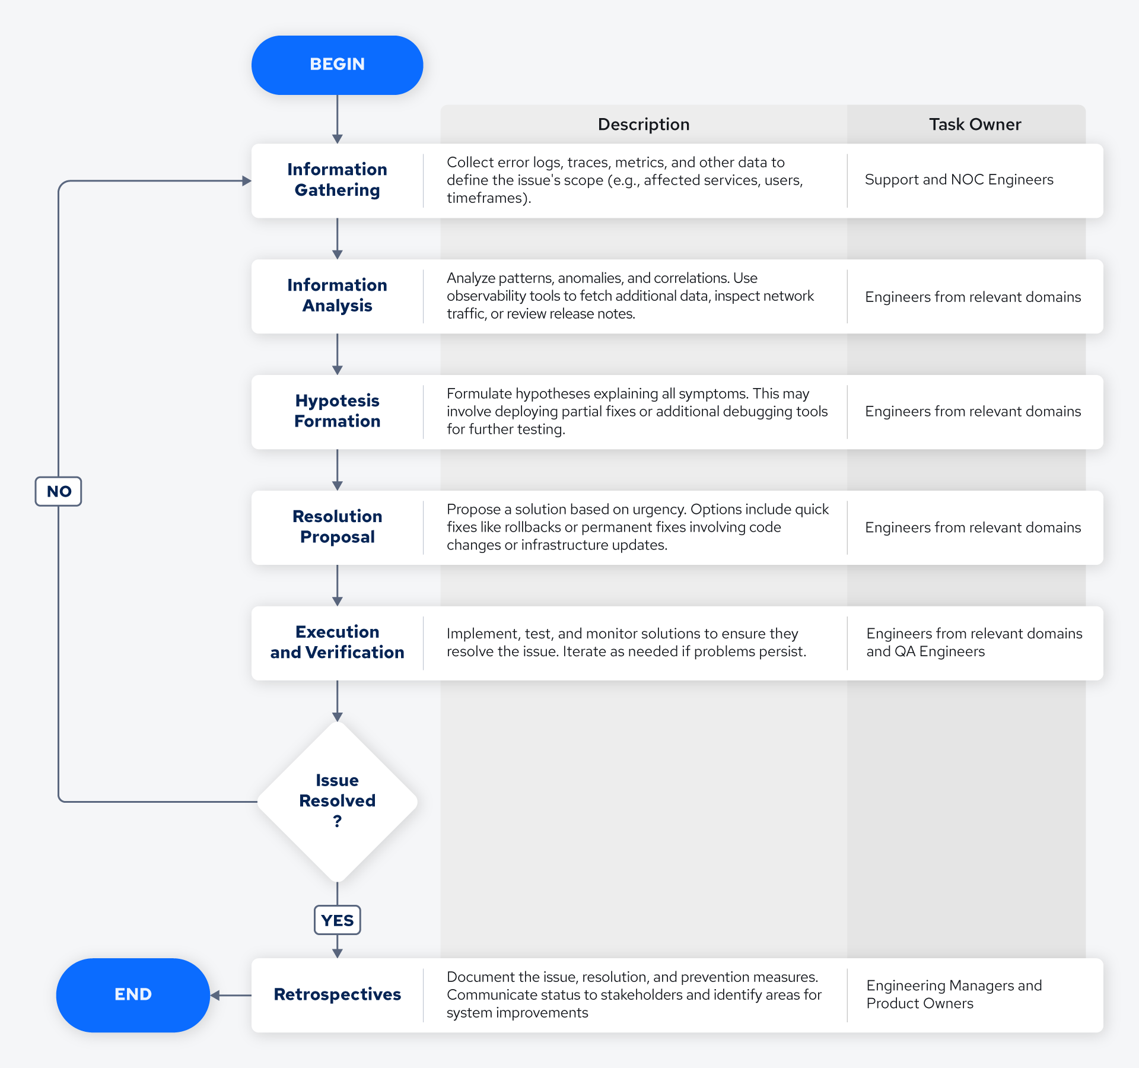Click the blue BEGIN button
coord(337,65)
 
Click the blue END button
coord(133,994)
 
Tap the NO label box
coord(58,491)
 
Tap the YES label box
coord(337,920)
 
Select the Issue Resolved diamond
coord(337,800)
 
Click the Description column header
coord(643,124)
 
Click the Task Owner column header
coord(975,124)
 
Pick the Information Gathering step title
coord(337,180)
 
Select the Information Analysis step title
coord(337,295)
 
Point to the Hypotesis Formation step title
coord(337,411)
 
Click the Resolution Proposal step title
coord(337,526)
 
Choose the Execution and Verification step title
coord(337,642)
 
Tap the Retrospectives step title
coord(337,994)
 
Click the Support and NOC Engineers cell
coord(959,180)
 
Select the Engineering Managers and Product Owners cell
coord(953,994)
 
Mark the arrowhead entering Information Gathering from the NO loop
coord(247,181)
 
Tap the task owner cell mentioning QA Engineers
coord(973,643)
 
